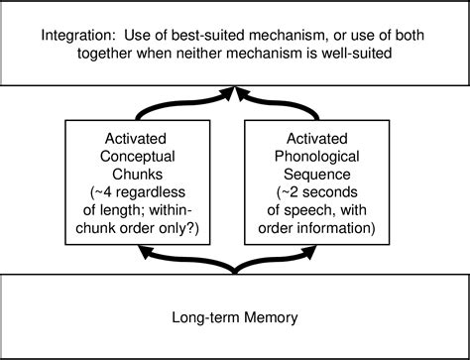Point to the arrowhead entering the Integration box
[x=235, y=90]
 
